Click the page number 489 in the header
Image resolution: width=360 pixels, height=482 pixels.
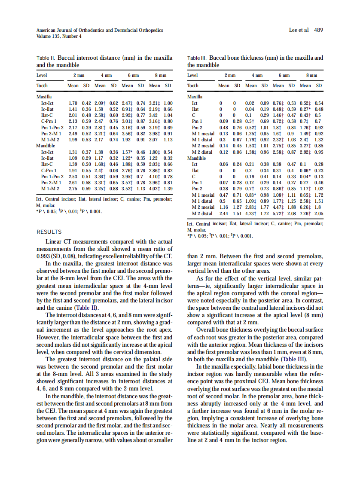[x=318, y=30]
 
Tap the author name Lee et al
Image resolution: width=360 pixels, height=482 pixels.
[x=299, y=30]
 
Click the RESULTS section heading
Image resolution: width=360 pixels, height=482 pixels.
[x=49, y=232]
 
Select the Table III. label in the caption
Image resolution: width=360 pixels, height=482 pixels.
[x=198, y=57]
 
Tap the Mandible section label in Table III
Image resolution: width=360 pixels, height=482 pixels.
[x=197, y=158]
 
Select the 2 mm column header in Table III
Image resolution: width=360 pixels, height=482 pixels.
[x=230, y=75]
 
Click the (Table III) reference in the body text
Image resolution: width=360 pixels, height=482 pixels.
[x=293, y=359]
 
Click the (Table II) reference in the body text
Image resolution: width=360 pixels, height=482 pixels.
[x=87, y=308]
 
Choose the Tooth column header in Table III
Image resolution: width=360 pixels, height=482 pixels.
[x=193, y=85]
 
